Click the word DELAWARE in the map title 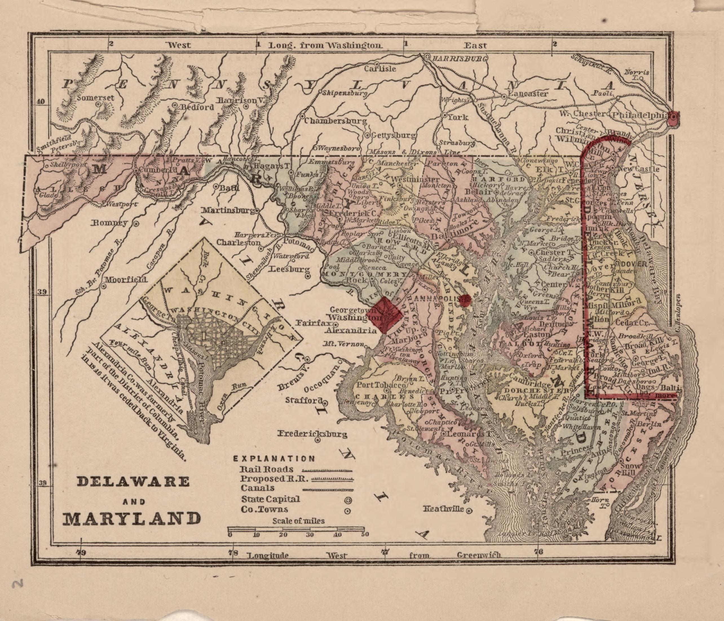(x=133, y=482)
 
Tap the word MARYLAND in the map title (x=132, y=519)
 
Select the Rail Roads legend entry (x=266, y=469)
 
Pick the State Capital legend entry (x=270, y=499)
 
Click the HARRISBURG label (x=457, y=59)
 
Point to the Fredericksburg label (x=312, y=434)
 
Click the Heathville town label (x=443, y=509)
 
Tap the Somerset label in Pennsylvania (x=95, y=98)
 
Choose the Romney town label (x=109, y=223)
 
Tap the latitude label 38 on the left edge (x=42, y=484)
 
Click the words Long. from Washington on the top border (x=325, y=45)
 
